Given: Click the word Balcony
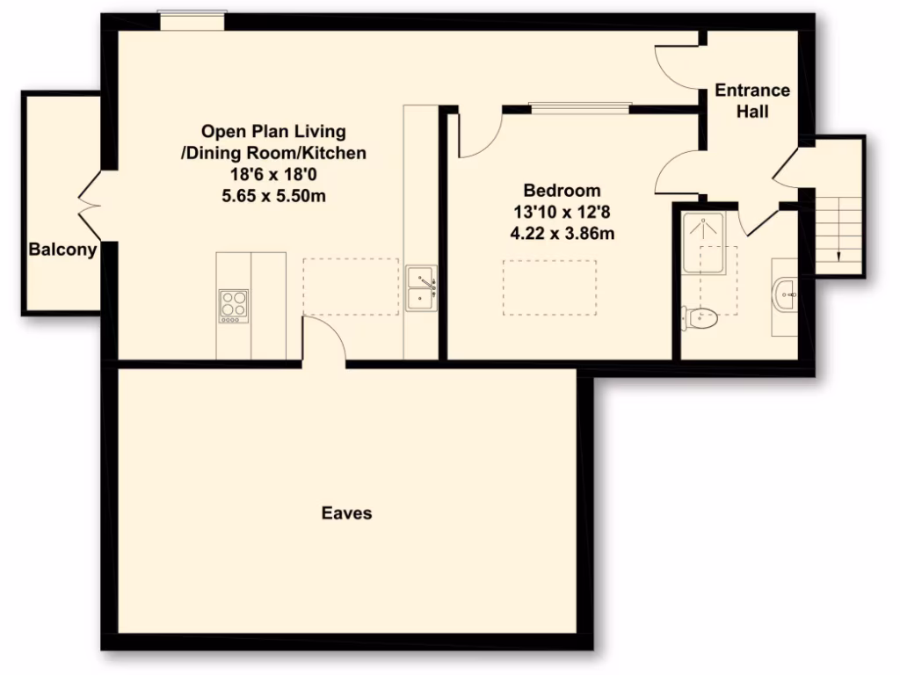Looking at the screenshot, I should click(x=62, y=250).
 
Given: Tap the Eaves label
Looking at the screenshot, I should click(x=346, y=512).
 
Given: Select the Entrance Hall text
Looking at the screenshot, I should click(x=751, y=101).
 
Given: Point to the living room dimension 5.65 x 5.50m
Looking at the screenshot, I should click(x=273, y=196).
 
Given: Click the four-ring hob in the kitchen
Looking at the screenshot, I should click(x=233, y=306).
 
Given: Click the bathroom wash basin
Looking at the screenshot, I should click(x=785, y=296).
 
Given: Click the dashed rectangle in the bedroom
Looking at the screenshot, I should click(x=548, y=288).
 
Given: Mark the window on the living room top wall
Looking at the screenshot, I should click(x=192, y=20).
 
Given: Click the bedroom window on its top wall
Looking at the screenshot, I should click(x=579, y=108).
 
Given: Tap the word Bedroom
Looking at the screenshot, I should click(x=562, y=190).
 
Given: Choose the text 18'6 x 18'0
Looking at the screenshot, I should click(x=273, y=175).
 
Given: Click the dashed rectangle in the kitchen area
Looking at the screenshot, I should click(x=351, y=287).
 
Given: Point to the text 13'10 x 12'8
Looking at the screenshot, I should click(x=562, y=212).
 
